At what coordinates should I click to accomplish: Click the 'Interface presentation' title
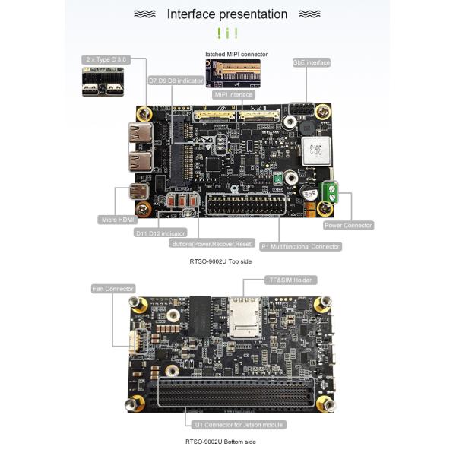point(226,14)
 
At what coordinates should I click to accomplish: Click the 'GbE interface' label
point(311,62)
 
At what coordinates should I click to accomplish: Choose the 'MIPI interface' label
point(233,95)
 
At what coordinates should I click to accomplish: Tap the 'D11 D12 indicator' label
point(160,233)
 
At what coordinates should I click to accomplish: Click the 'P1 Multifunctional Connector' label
point(300,246)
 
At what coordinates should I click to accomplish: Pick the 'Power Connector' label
point(348,225)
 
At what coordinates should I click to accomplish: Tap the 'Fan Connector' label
point(112,289)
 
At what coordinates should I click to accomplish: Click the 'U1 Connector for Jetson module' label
point(239,424)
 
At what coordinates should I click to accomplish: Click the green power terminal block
point(330,192)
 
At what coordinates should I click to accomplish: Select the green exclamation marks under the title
point(227,33)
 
